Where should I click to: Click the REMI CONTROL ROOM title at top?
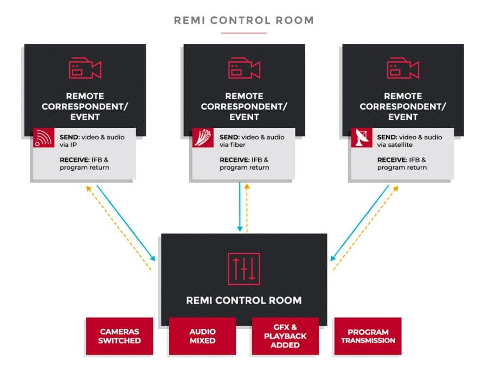tap(243, 21)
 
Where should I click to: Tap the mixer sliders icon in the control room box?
tap(243, 269)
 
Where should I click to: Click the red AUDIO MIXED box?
tap(202, 336)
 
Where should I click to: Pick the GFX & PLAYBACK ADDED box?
tap(285, 336)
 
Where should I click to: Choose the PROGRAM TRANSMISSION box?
tap(368, 336)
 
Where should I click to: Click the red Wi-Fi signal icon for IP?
tap(42, 138)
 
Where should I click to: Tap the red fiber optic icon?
tap(202, 138)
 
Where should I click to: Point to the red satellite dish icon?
tap(361, 138)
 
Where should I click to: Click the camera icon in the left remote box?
tap(85, 69)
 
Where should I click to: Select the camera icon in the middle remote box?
tap(244, 69)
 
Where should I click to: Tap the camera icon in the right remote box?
tap(403, 69)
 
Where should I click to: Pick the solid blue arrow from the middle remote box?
tap(239, 206)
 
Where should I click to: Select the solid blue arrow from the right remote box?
tap(360, 223)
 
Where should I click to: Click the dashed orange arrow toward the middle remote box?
tap(248, 206)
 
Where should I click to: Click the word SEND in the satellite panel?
tap(387, 137)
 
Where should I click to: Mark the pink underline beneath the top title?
tap(243, 33)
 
